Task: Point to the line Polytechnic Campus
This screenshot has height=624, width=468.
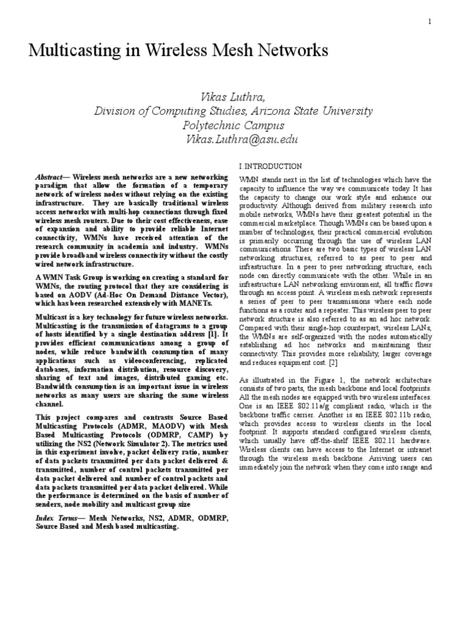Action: pos(233,126)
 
